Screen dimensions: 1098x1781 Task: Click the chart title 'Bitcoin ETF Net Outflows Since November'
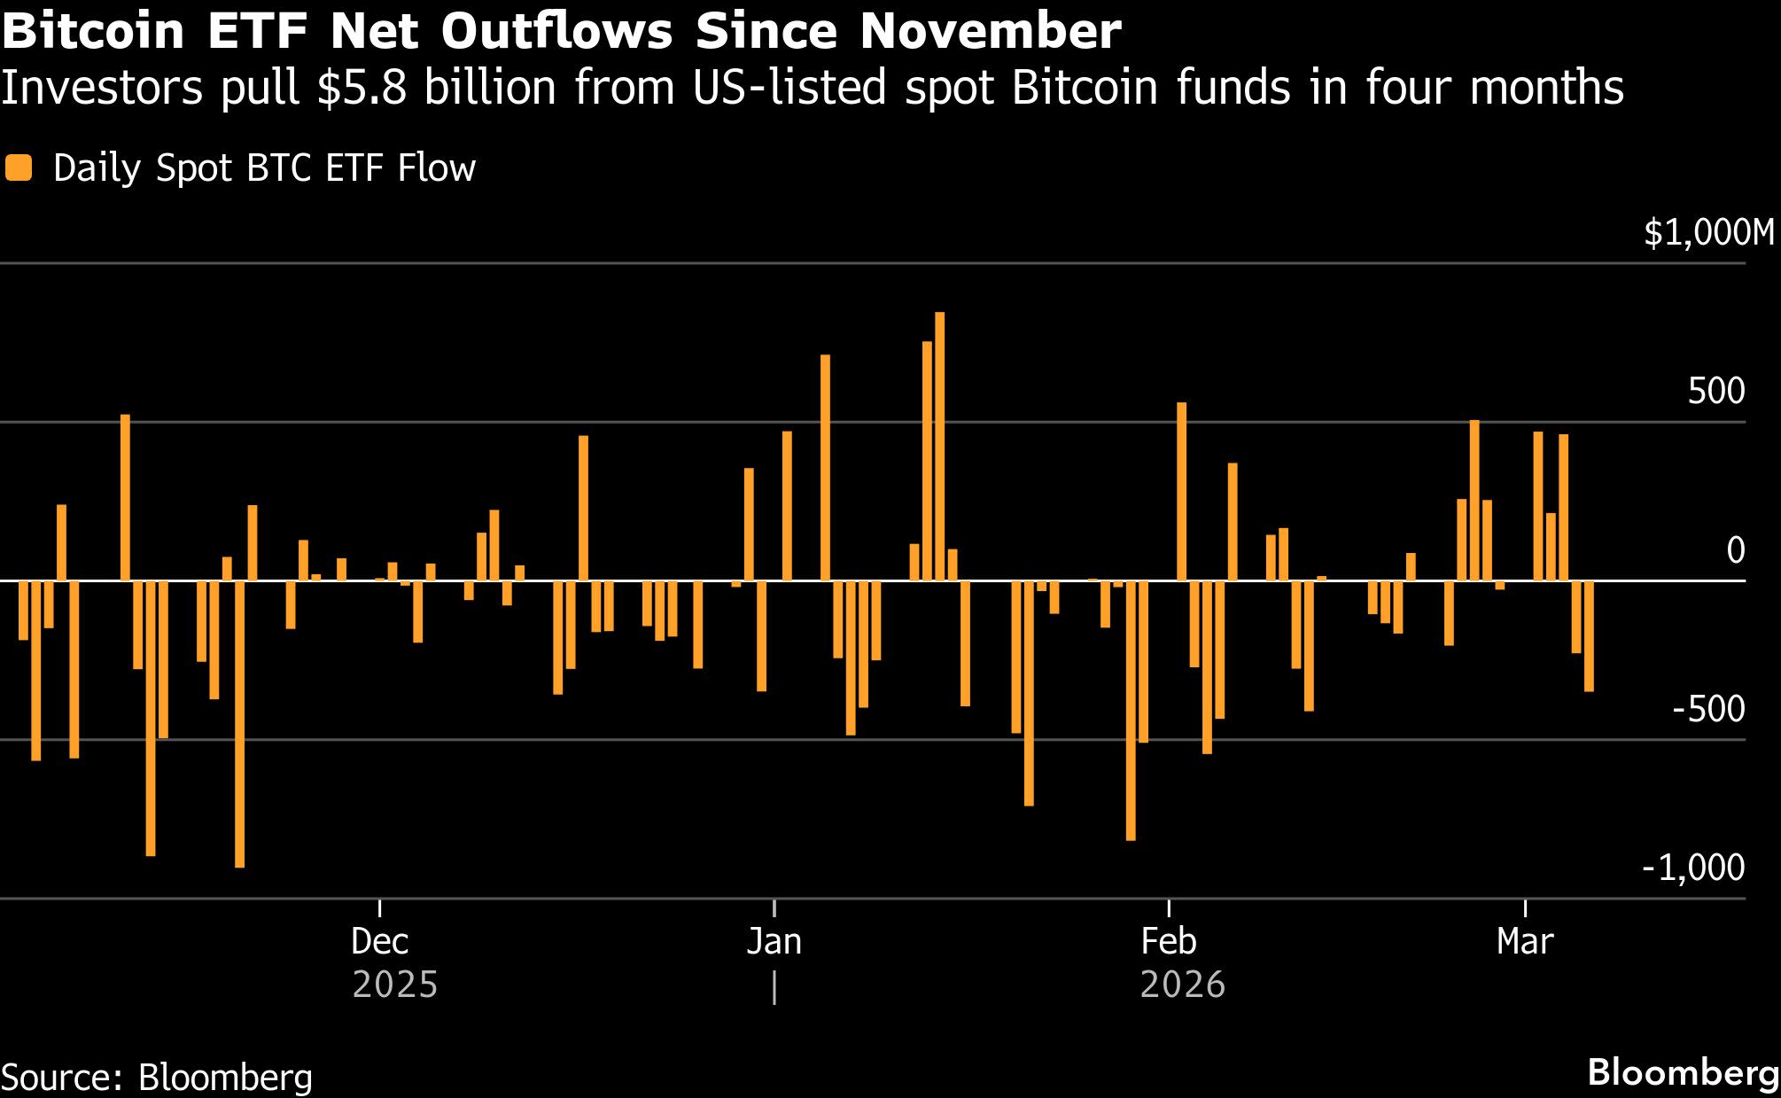coord(560,31)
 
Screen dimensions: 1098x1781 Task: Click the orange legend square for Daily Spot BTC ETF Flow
coord(19,167)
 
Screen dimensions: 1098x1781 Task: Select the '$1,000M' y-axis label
coord(1709,233)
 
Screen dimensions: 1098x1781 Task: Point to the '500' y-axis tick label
coord(1715,391)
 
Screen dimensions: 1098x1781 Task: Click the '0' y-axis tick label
coord(1735,550)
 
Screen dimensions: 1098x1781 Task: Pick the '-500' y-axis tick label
coord(1707,709)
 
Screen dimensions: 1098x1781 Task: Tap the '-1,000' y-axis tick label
coord(1692,867)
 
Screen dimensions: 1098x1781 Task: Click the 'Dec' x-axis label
coord(379,941)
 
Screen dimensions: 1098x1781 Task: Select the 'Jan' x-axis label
coord(774,941)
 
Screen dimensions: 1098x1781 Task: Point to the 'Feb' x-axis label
coord(1169,941)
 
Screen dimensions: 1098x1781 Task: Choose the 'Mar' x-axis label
coord(1525,941)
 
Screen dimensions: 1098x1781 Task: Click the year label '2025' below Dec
coord(395,985)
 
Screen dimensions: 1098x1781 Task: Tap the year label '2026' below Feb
coord(1183,985)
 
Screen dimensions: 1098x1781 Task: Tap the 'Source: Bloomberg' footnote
coord(157,1078)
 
